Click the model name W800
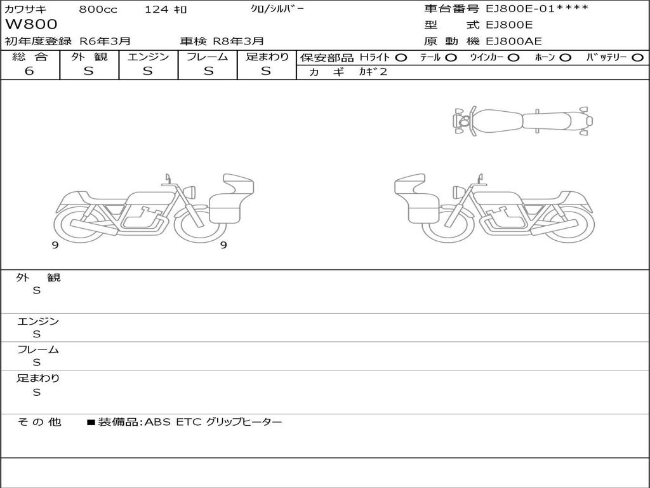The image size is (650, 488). pyautogui.click(x=31, y=24)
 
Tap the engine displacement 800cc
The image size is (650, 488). pyautogui.click(x=98, y=9)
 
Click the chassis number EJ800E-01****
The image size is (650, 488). pyautogui.click(x=537, y=8)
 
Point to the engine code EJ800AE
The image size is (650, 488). pyautogui.click(x=514, y=41)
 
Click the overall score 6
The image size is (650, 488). pyautogui.click(x=29, y=71)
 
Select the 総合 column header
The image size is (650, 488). pyautogui.click(x=30, y=57)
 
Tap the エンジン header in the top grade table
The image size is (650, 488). pyautogui.click(x=148, y=57)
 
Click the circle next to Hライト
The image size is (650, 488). pyautogui.click(x=401, y=58)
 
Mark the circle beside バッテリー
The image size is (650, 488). pyautogui.click(x=637, y=58)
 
